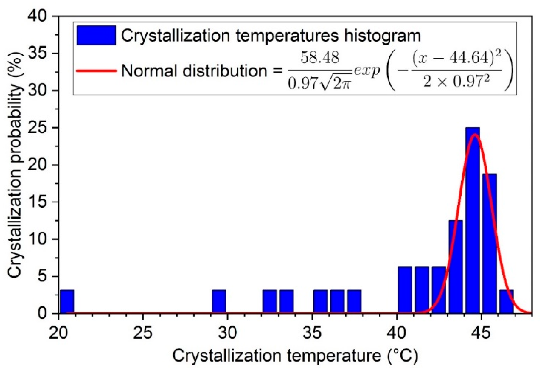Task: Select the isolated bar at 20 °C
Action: [x=66, y=302]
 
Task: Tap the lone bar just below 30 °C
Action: [x=219, y=302]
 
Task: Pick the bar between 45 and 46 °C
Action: [x=489, y=243]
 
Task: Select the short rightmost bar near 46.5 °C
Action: [x=506, y=302]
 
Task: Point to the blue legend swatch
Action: [x=96, y=35]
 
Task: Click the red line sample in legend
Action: [x=96, y=71]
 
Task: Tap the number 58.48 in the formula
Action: [x=320, y=58]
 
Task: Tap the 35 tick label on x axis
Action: [x=312, y=333]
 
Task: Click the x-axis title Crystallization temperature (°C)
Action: [x=295, y=356]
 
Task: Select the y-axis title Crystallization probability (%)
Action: [x=15, y=165]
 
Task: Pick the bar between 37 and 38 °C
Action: [x=354, y=302]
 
